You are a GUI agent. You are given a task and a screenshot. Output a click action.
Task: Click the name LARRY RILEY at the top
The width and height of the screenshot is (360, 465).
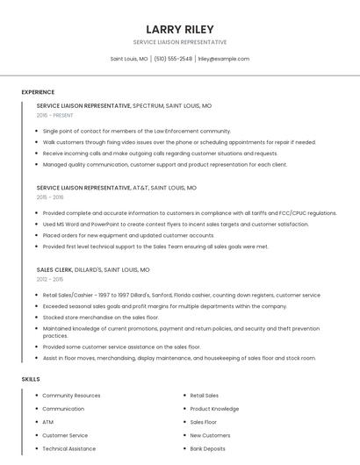coord(179,29)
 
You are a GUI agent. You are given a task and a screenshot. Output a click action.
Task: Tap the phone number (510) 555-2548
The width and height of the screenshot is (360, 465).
coord(173,59)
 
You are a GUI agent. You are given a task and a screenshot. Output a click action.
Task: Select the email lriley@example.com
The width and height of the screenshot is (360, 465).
coord(223,59)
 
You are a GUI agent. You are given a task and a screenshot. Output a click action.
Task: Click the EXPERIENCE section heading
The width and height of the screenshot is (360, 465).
coord(38,92)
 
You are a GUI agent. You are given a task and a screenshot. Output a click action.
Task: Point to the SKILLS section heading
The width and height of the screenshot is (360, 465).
coord(31,379)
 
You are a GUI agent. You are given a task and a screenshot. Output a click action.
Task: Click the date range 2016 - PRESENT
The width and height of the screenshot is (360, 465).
coord(54,115)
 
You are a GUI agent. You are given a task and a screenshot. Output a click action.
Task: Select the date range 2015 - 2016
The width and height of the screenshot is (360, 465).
coord(50,197)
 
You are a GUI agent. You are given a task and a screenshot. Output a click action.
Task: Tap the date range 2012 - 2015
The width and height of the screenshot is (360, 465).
coord(50,280)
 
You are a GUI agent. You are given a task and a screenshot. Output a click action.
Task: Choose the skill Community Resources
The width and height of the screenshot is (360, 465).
coord(71,396)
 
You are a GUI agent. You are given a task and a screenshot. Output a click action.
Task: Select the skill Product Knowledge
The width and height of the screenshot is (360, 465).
coord(214,409)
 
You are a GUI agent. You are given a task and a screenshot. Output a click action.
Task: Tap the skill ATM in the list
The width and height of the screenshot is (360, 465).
coord(47,422)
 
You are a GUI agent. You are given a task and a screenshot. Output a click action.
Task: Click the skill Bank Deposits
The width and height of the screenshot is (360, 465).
coord(207,448)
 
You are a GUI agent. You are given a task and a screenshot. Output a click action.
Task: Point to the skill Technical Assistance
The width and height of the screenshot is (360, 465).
coord(69,448)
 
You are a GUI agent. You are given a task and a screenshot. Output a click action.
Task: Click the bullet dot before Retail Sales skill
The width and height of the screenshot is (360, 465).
coord(184,396)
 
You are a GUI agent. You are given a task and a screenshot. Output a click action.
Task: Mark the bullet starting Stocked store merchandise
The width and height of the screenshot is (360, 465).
coord(100,317)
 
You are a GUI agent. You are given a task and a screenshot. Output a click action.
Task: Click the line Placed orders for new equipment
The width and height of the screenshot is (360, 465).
coord(128,235)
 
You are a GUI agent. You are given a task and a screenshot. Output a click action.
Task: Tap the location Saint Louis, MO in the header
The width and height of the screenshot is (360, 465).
coord(129,59)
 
